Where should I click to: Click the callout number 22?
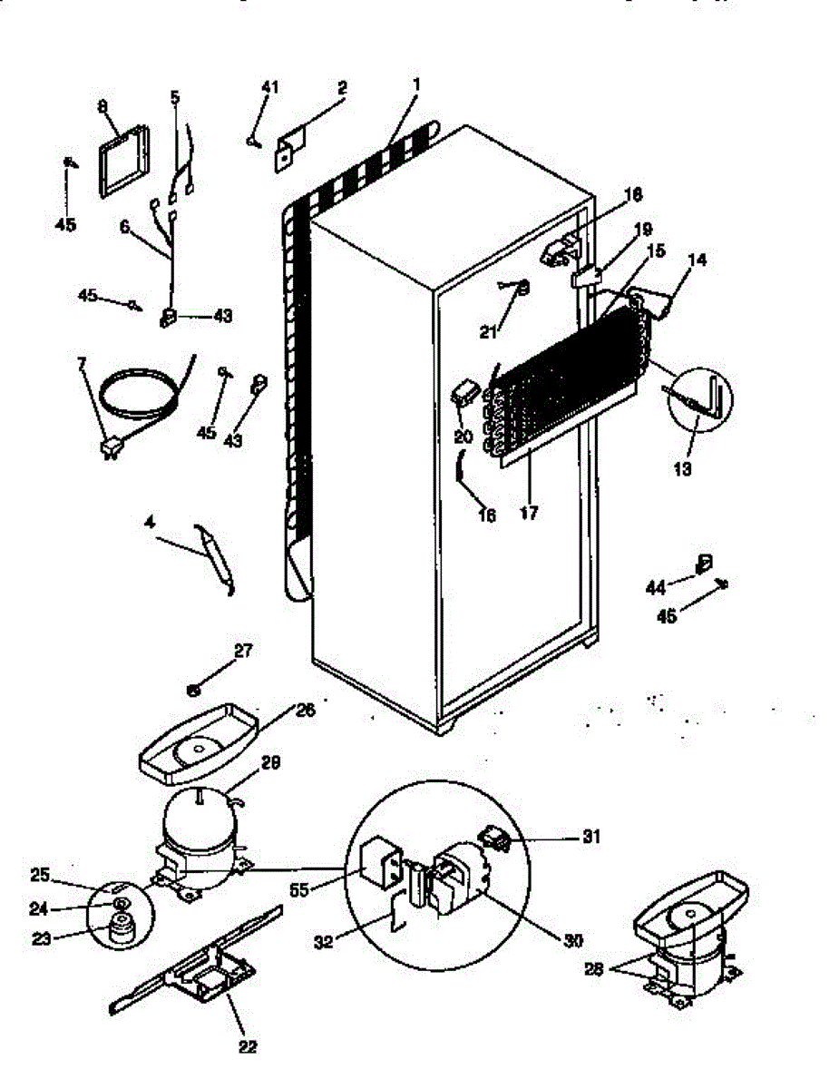tap(248, 1046)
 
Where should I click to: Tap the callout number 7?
tap(83, 364)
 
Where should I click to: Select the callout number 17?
tap(529, 514)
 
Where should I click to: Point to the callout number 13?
tap(683, 469)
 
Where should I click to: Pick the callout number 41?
tap(269, 86)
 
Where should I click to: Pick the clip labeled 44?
tap(704, 564)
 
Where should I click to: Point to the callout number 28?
tap(593, 970)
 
